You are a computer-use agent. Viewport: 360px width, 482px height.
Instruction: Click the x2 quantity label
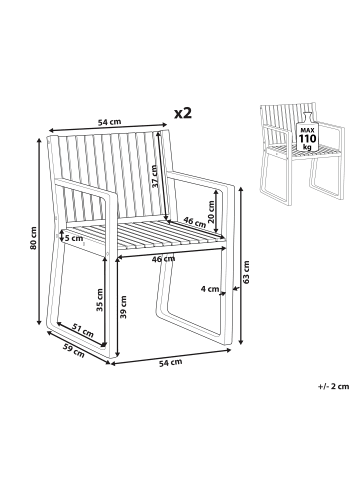183,113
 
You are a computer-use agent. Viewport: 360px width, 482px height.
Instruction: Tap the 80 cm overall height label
33,238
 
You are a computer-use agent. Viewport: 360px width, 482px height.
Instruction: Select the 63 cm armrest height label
246,272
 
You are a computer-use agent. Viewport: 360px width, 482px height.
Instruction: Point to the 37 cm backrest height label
154,177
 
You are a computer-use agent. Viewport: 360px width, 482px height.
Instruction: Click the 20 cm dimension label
210,211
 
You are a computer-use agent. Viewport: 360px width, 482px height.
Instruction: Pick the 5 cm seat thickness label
74,238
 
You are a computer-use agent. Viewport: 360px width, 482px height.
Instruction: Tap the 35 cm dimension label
100,300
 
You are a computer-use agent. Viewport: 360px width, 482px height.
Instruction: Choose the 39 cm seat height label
123,307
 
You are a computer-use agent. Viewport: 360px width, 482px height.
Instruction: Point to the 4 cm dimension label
210,289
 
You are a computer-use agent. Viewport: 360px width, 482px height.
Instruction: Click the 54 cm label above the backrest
109,122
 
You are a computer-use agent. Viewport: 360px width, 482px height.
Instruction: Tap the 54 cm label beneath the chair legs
171,362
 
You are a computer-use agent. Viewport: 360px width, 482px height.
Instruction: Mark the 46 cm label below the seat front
163,259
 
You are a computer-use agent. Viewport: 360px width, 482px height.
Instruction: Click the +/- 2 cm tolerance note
333,386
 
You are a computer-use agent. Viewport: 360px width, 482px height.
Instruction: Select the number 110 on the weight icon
308,138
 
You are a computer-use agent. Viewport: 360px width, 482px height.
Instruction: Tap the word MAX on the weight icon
307,130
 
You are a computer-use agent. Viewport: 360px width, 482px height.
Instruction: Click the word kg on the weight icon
307,147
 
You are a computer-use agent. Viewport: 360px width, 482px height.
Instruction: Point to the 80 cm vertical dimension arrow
39,231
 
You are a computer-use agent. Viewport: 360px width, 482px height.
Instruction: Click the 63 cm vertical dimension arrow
241,266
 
